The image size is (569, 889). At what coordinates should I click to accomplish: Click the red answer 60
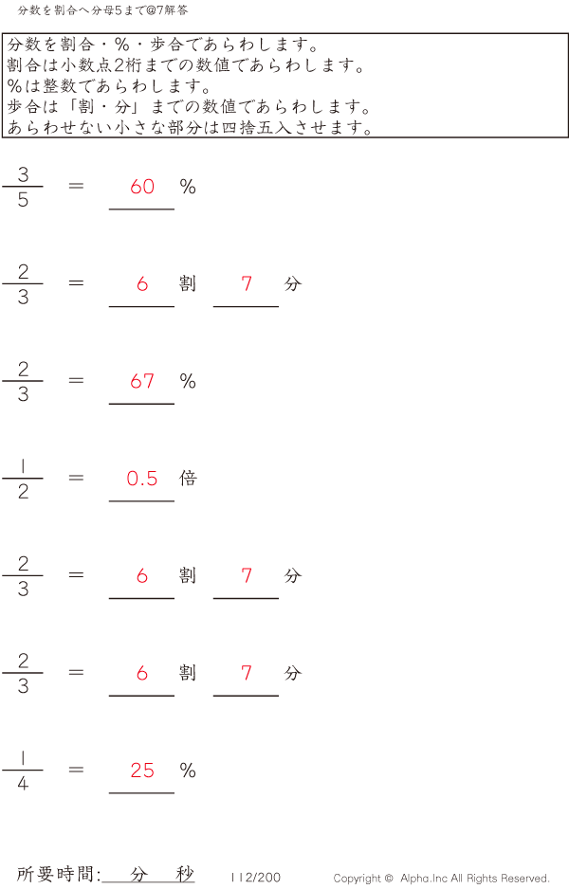click(x=142, y=187)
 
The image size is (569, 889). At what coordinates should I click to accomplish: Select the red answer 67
click(x=142, y=381)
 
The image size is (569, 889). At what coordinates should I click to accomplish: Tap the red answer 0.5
click(x=142, y=479)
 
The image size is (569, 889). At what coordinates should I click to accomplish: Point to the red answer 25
click(x=142, y=771)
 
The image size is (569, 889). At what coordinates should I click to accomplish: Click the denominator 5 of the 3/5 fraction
click(x=23, y=200)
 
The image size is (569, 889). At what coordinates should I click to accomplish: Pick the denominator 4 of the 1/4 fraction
click(x=23, y=784)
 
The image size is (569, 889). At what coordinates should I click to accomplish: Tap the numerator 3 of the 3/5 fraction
click(x=23, y=173)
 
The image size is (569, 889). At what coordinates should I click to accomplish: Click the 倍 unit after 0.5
click(x=188, y=478)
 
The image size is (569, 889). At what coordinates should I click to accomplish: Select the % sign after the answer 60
click(x=188, y=187)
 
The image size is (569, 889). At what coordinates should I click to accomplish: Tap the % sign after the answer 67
click(x=188, y=381)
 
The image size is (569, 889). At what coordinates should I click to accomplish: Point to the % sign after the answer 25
click(x=188, y=771)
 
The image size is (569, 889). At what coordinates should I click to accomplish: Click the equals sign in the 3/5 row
click(x=77, y=186)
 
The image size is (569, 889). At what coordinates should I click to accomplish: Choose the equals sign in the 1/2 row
click(x=77, y=478)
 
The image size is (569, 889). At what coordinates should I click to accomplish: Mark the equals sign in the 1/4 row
click(x=77, y=770)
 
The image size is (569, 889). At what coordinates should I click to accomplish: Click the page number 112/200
click(x=255, y=878)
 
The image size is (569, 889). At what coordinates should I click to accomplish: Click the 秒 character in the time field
click(x=184, y=874)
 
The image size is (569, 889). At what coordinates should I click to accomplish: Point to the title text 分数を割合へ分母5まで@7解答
click(x=102, y=10)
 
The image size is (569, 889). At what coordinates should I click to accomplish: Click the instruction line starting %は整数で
click(x=109, y=86)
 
